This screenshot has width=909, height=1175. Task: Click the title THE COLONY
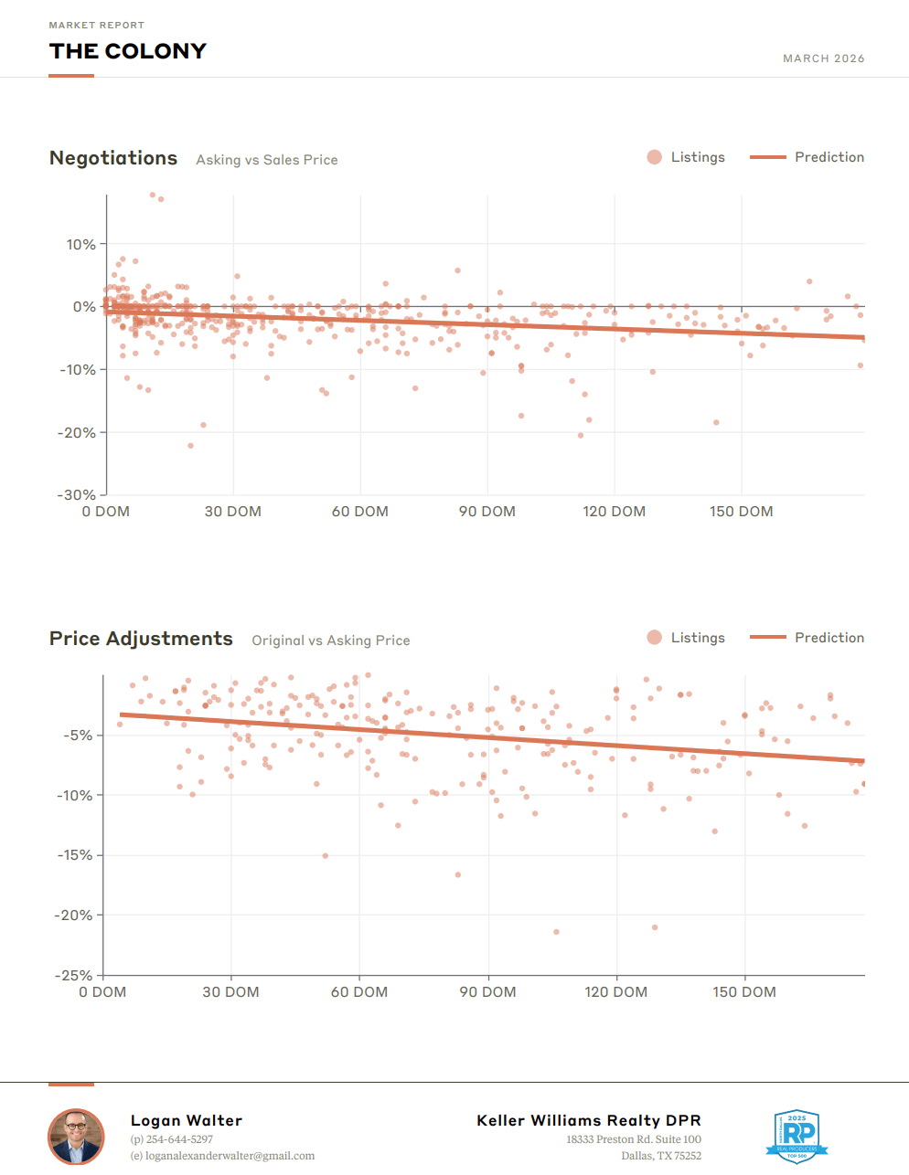coord(128,51)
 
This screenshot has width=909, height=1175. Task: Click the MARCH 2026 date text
coord(823,58)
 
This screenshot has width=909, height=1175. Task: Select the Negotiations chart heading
coord(113,158)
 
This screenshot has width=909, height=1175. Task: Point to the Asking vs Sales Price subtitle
coord(267,160)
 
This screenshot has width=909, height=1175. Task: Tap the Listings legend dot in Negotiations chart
coord(654,157)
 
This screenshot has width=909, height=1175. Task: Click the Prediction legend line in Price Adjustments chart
coord(767,638)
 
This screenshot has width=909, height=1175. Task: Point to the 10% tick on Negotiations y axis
coord(80,244)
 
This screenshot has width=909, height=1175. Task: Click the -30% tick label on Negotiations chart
coord(77,494)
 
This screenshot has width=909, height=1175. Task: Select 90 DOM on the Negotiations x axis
coord(487,512)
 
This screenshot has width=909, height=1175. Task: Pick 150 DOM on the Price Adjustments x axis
coord(744,992)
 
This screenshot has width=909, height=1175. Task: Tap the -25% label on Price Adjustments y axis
coord(73,975)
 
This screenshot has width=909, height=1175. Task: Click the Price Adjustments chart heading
coord(141,639)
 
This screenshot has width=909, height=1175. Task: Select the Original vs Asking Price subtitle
coord(331,640)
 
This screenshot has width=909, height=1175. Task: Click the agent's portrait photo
coord(76,1137)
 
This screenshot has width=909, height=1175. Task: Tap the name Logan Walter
coord(187,1120)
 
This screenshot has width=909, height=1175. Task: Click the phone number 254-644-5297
coord(178,1139)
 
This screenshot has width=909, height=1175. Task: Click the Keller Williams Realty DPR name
coord(588,1120)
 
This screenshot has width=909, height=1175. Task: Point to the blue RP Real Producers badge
coord(797,1136)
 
